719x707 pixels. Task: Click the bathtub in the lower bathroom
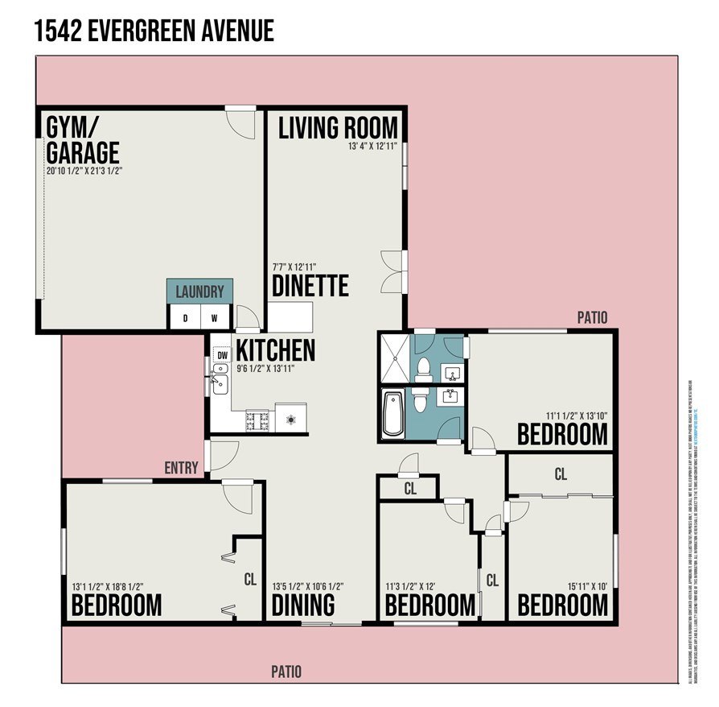pos(392,413)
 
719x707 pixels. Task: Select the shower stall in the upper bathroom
pos(394,358)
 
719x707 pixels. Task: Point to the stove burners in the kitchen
pos(259,420)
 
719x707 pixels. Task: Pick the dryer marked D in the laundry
pos(185,318)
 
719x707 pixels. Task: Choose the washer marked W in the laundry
pos(214,318)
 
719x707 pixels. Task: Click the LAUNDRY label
pos(199,291)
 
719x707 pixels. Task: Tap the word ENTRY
pos(181,468)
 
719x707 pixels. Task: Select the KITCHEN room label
pos(275,350)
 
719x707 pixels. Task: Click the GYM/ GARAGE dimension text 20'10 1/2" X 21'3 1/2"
pos(84,171)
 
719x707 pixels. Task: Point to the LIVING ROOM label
pos(338,127)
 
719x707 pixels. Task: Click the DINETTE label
pos(310,286)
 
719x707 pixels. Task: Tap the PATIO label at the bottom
pos(286,672)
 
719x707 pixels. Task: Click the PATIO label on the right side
pos(592,317)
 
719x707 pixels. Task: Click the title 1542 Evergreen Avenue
pos(154,31)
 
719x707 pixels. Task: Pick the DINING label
pos(303,605)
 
